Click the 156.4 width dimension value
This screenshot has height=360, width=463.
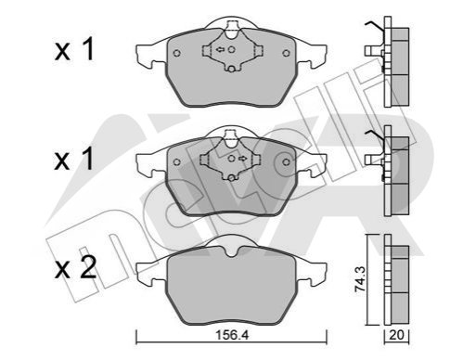(x=232, y=335)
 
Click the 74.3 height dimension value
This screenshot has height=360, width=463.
(x=360, y=279)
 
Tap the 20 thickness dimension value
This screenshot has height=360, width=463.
(x=396, y=335)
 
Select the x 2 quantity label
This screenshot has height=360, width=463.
(x=75, y=268)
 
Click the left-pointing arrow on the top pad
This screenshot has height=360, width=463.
(x=220, y=49)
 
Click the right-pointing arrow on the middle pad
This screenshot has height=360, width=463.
(x=242, y=159)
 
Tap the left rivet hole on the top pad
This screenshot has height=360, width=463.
(x=177, y=53)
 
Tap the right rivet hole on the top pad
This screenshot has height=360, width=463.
(x=287, y=53)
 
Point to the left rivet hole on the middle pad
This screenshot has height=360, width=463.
(x=177, y=162)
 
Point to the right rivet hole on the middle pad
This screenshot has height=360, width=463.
(x=287, y=162)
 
